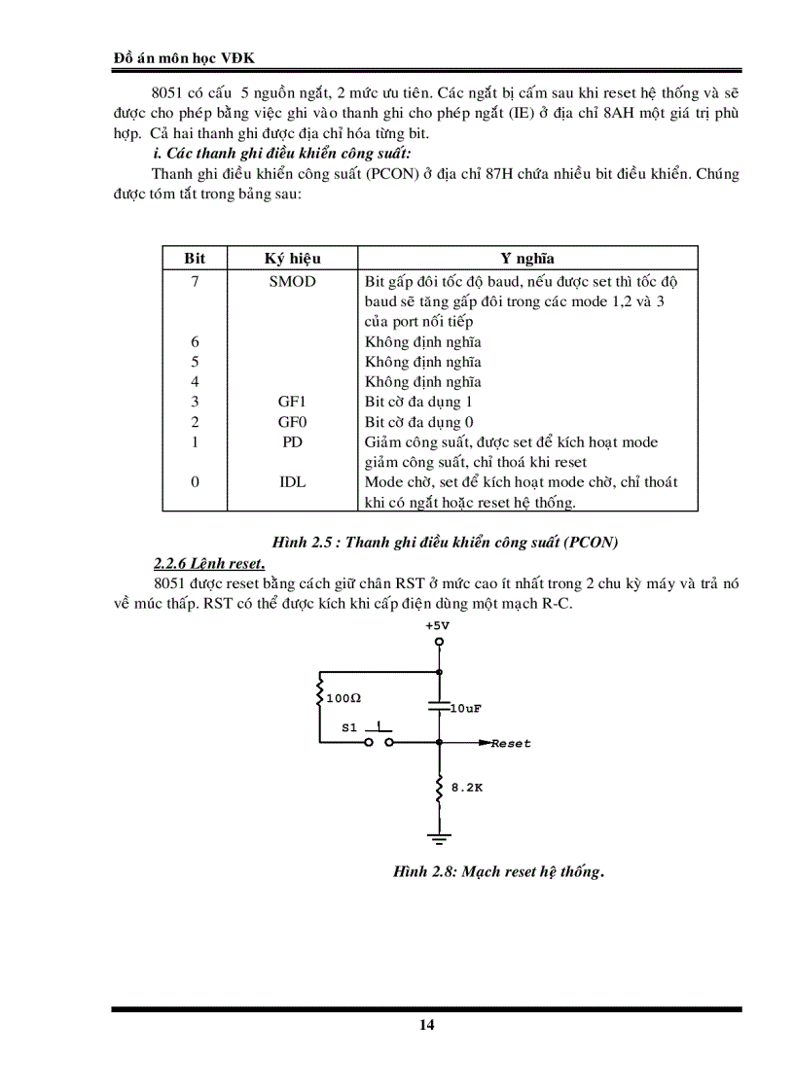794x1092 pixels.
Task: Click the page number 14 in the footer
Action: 427,1025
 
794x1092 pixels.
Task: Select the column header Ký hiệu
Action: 292,259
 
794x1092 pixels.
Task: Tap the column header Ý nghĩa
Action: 527,259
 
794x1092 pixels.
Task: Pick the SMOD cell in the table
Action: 292,282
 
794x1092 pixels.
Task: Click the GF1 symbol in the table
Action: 292,402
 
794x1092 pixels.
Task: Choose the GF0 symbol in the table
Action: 292,422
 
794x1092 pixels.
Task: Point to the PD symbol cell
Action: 292,442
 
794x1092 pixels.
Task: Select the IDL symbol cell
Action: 292,482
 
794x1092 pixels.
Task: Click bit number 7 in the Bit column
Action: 195,282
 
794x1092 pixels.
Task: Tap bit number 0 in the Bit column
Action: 195,482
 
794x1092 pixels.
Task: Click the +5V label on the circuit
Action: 438,626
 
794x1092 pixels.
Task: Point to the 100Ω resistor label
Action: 344,699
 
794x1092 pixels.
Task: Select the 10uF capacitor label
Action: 466,709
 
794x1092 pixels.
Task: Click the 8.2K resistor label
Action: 466,788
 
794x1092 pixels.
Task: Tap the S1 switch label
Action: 349,727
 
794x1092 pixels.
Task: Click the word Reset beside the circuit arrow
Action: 511,744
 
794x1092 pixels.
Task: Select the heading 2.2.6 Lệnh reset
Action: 209,563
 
